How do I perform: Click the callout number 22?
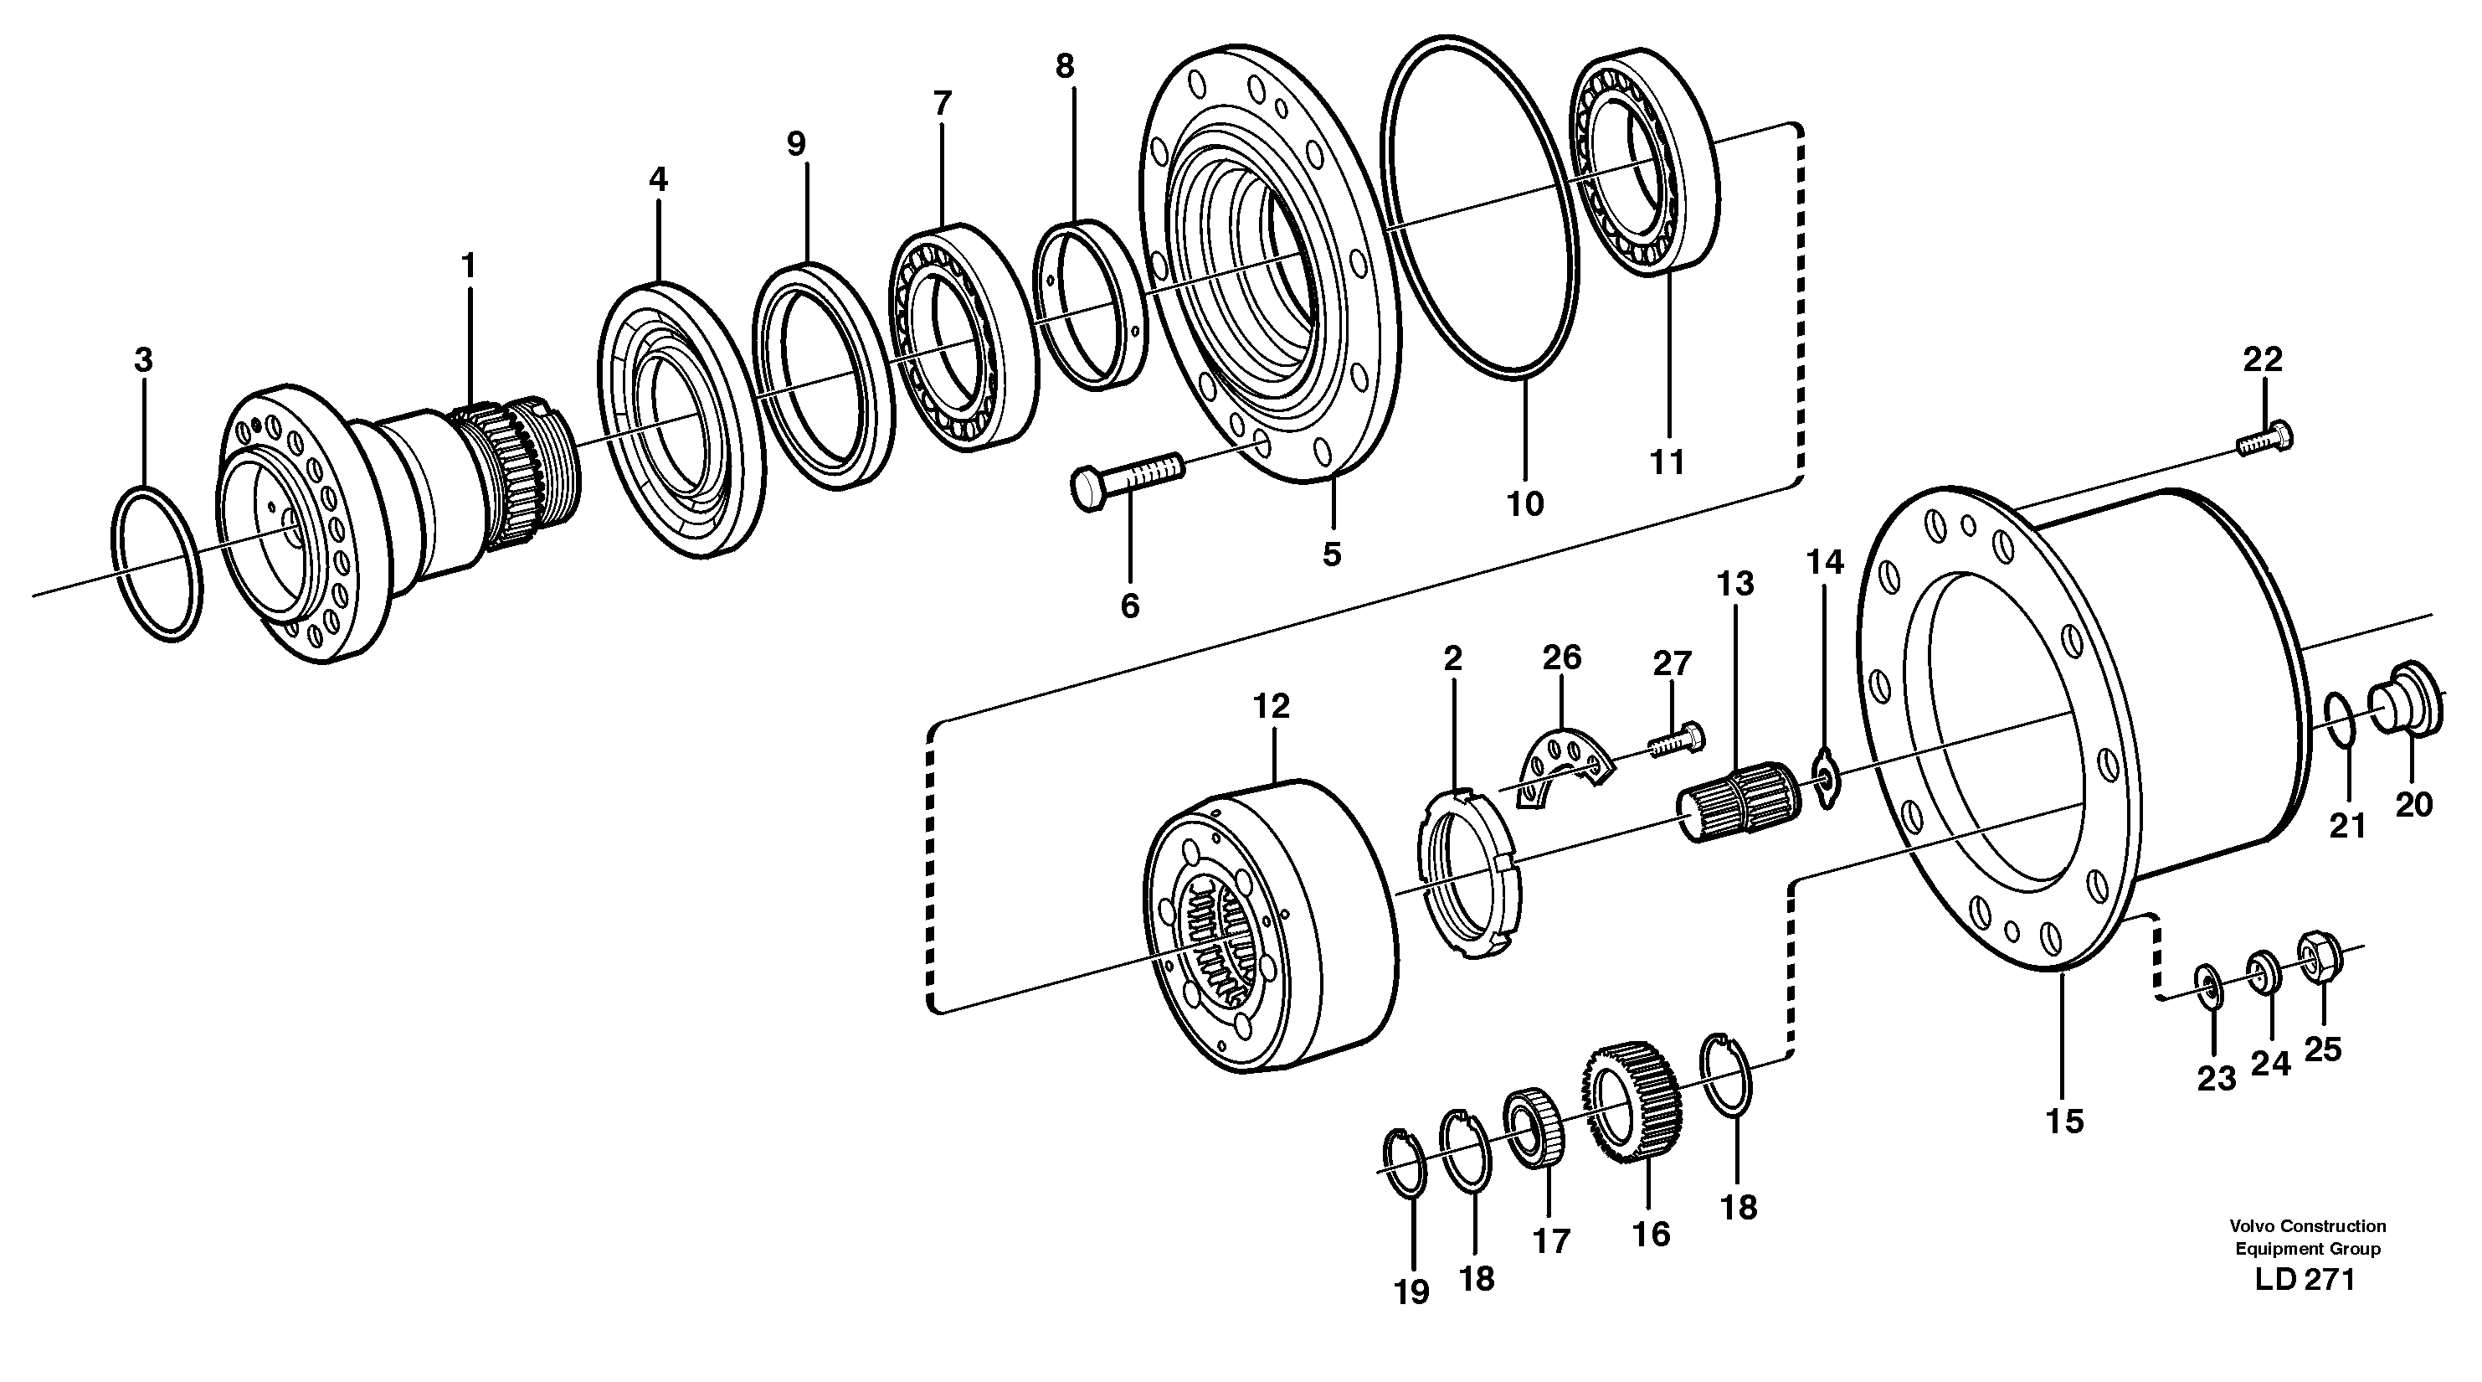pyautogui.click(x=2263, y=359)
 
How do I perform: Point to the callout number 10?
pyautogui.click(x=1524, y=503)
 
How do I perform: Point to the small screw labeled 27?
pyautogui.click(x=1677, y=740)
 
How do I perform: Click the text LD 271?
pyautogui.click(x=2304, y=1280)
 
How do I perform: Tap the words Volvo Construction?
pyautogui.click(x=2307, y=1226)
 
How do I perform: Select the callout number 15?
pyautogui.click(x=2063, y=1121)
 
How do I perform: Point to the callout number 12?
pyautogui.click(x=1270, y=706)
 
